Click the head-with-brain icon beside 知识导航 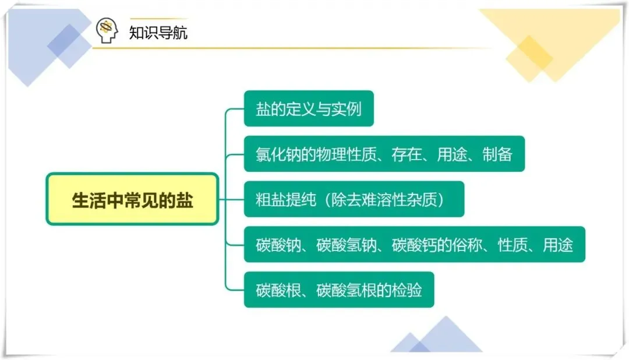point(107,30)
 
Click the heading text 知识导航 point(158,31)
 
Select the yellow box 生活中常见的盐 point(132,199)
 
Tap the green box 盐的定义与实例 point(308,109)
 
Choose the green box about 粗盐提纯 point(354,199)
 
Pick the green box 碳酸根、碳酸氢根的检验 point(338,290)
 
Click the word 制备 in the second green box point(497,154)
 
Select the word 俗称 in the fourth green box point(467,245)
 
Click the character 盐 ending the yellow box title point(185,200)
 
